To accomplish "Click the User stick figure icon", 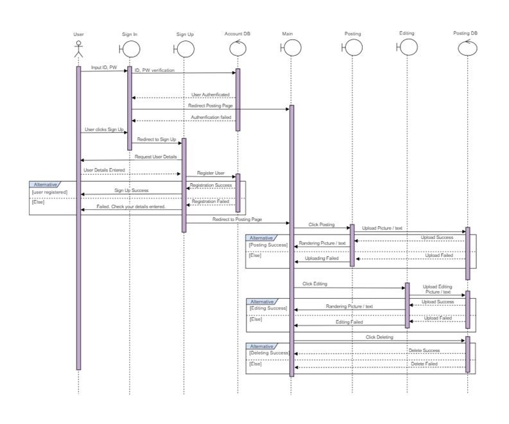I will (x=78, y=49).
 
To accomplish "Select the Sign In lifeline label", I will (x=130, y=33).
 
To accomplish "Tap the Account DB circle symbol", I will (x=237, y=48).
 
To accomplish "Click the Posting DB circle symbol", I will (x=467, y=48).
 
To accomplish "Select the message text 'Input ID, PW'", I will (x=104, y=67).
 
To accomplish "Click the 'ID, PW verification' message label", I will (x=154, y=70).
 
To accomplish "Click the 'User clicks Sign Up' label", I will (x=103, y=130).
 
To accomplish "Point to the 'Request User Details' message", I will (x=155, y=157).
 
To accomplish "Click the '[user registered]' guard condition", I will (x=50, y=192).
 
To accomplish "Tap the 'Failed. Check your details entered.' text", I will (x=131, y=207).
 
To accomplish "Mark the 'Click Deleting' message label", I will (x=380, y=337).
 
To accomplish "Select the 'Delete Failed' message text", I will (x=425, y=364).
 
